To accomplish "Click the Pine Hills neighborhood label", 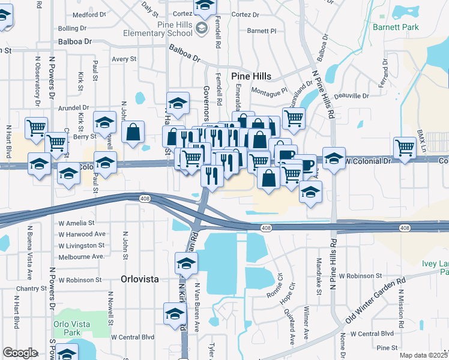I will pyautogui.click(x=252, y=76).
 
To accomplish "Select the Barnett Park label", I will pyautogui.click(x=394, y=27).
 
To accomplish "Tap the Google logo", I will pyautogui.click(x=20, y=353).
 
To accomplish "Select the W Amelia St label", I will pyautogui.click(x=77, y=223).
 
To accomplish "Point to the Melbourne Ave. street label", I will pyautogui.click(x=82, y=257).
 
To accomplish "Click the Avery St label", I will pyautogui.click(x=125, y=59).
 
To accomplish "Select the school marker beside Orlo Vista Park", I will pyautogui.click(x=67, y=353).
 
